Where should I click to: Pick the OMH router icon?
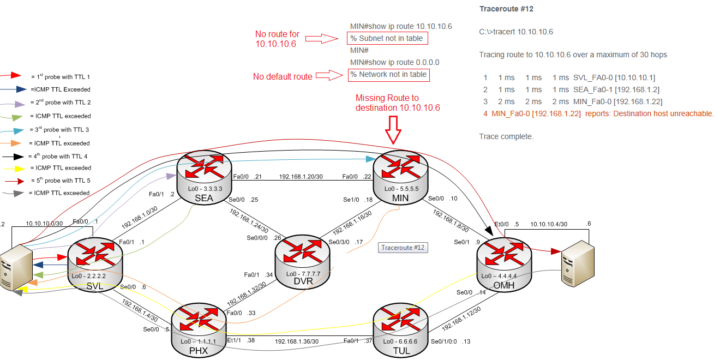pyautogui.click(x=503, y=261)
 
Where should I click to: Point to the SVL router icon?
pyautogui.click(x=95, y=261)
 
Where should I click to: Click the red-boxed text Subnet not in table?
pyautogui.click(x=388, y=38)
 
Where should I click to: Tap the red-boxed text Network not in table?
pyautogui.click(x=388, y=74)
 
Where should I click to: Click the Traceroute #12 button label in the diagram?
pyautogui.click(x=403, y=248)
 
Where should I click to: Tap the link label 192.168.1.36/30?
pyautogui.click(x=296, y=341)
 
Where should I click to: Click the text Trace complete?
pyautogui.click(x=506, y=136)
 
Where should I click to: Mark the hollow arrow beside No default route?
pyautogui.click(x=330, y=75)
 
